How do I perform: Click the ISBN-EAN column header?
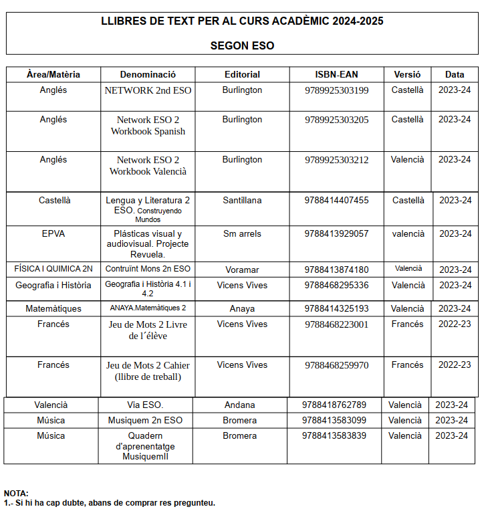tap(336, 74)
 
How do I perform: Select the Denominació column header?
tap(148, 74)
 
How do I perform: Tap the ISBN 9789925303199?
tap(336, 90)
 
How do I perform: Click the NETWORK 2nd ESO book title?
tap(148, 90)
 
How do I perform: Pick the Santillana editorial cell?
tap(242, 200)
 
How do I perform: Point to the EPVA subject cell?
tap(53, 233)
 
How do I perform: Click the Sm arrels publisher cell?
tap(242, 233)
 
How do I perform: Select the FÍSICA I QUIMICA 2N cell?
tap(53, 269)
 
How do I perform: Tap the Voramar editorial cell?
tap(242, 270)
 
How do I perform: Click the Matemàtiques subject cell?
tap(53, 308)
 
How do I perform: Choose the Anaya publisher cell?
tap(242, 308)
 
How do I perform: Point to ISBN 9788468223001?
tap(336, 324)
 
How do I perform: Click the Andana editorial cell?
tap(239, 405)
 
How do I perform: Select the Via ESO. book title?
tap(145, 405)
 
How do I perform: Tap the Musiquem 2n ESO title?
tap(145, 420)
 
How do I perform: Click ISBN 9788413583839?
tap(334, 435)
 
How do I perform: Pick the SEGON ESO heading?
tap(242, 46)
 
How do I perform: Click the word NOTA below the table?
tap(16, 493)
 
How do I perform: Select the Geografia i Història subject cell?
tap(53, 285)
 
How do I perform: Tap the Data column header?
tap(455, 74)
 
